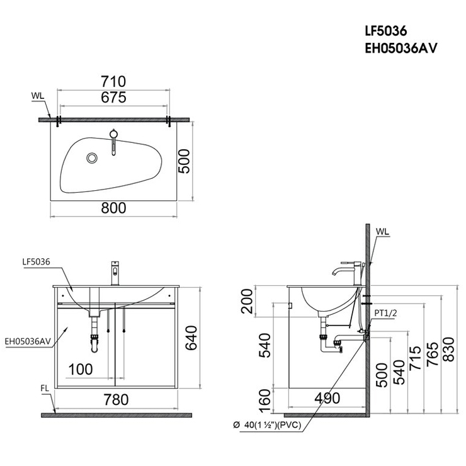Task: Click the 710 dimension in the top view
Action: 113,81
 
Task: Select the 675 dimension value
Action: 113,97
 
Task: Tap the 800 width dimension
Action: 113,208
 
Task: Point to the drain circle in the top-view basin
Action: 92,158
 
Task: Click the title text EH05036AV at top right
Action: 401,48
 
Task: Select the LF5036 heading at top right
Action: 386,31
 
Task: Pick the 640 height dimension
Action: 191,338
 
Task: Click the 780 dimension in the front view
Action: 116,399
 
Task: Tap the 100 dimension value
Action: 81,370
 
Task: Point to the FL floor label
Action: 45,389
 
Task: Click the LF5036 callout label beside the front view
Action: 37,262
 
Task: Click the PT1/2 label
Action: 386,312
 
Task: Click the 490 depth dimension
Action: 327,398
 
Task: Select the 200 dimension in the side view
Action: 247,301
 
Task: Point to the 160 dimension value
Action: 264,401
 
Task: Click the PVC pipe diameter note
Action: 267,425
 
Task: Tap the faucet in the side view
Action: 347,273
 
